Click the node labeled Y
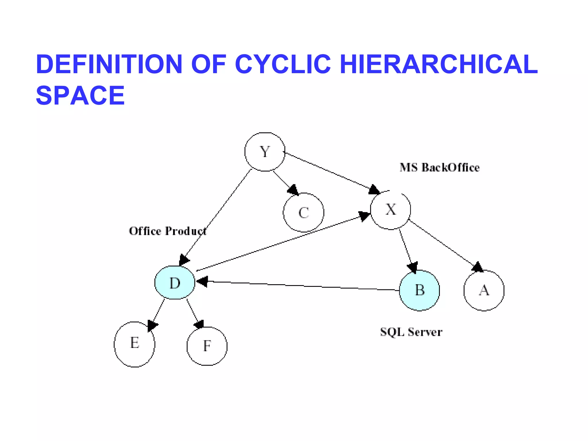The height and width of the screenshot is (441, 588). click(x=265, y=152)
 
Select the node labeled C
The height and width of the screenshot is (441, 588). click(x=303, y=212)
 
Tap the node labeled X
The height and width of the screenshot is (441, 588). click(x=390, y=210)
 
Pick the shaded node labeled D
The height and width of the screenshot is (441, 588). click(x=175, y=283)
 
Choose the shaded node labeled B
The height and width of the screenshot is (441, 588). click(x=419, y=290)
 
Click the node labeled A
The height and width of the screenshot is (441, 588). click(x=484, y=290)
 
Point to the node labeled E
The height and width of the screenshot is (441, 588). click(x=134, y=344)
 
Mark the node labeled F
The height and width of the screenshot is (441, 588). click(x=207, y=346)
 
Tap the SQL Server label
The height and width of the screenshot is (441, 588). click(x=411, y=332)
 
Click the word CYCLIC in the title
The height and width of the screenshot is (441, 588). click(x=283, y=64)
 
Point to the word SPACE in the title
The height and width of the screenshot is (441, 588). click(x=80, y=96)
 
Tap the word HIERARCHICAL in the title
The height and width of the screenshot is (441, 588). click(x=438, y=64)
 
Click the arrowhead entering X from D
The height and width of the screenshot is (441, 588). click(x=364, y=216)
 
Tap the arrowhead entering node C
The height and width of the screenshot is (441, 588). click(x=293, y=190)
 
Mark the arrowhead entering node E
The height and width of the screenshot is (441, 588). click(x=152, y=326)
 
